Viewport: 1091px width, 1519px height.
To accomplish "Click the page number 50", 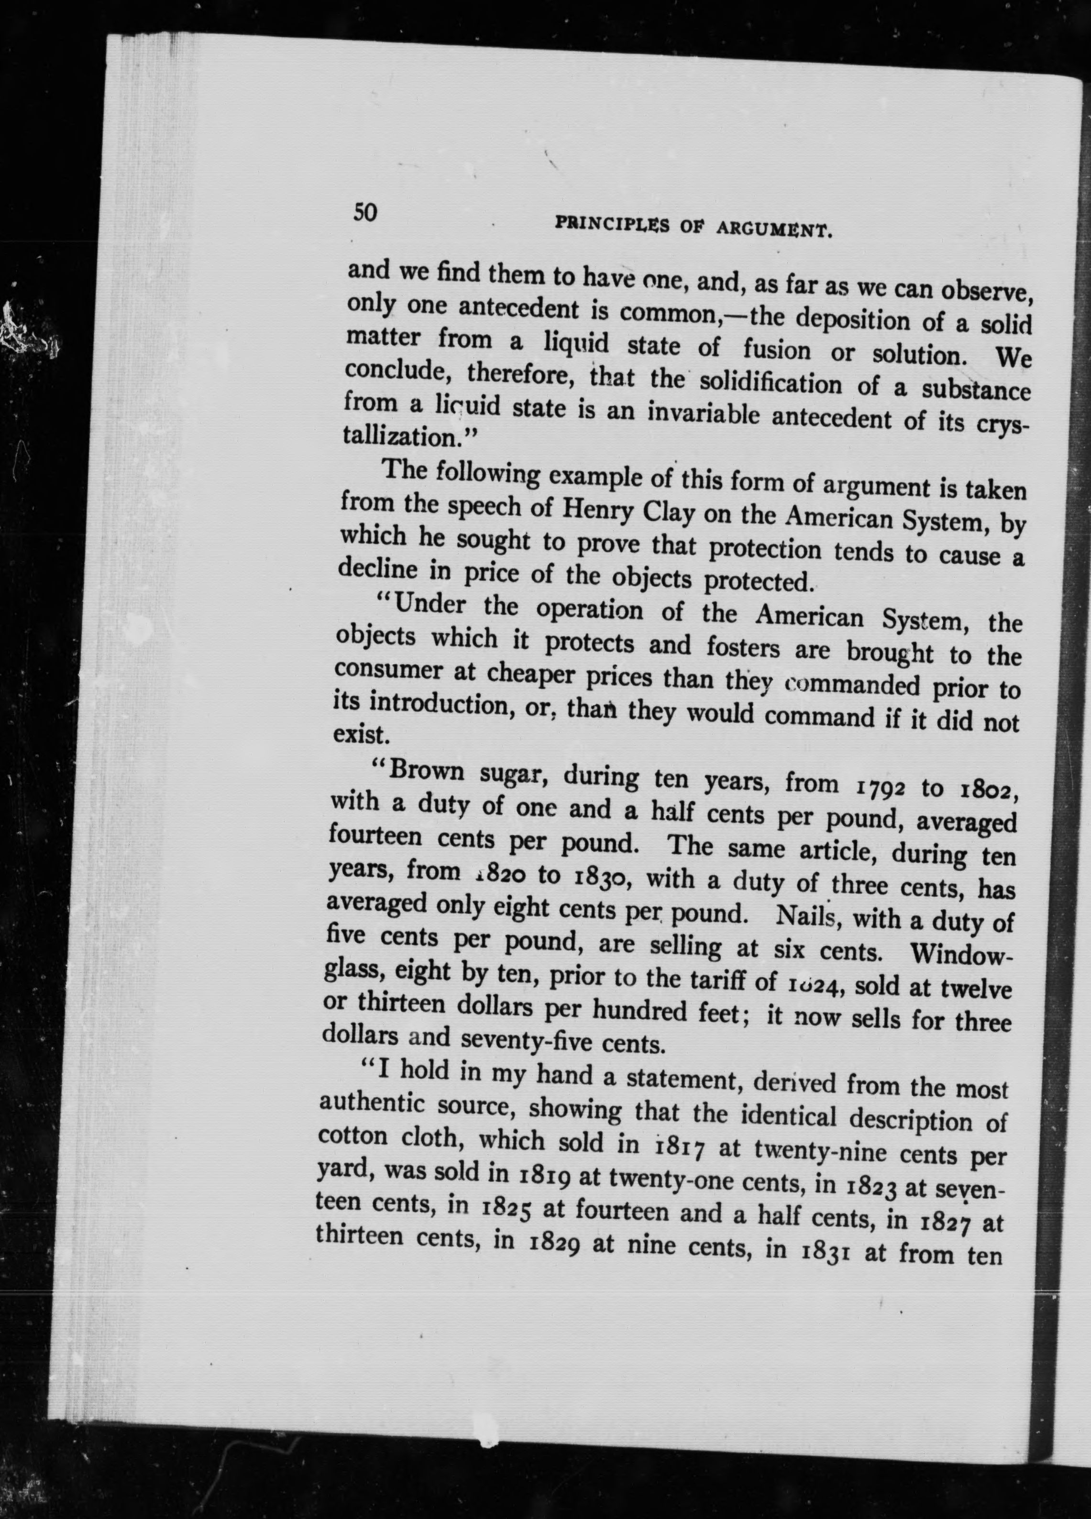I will [x=365, y=212].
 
